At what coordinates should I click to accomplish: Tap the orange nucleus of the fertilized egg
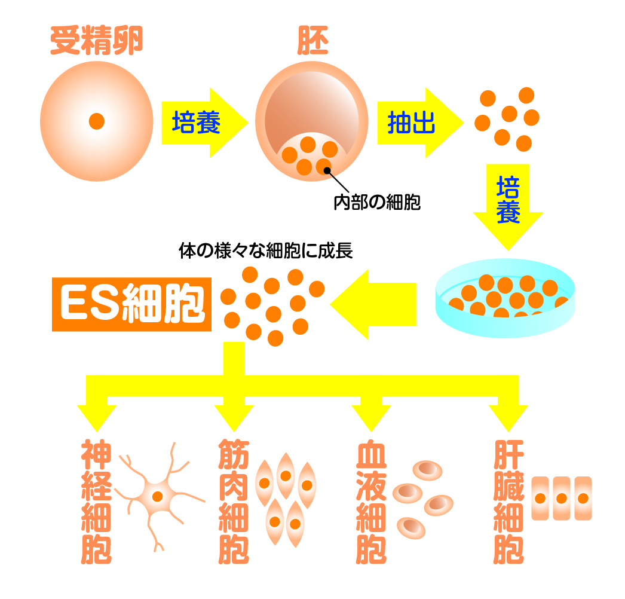[96, 121]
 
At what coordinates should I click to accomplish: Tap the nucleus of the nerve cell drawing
[158, 496]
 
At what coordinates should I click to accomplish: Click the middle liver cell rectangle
[560, 498]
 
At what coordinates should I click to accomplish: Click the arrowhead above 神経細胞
[97, 415]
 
